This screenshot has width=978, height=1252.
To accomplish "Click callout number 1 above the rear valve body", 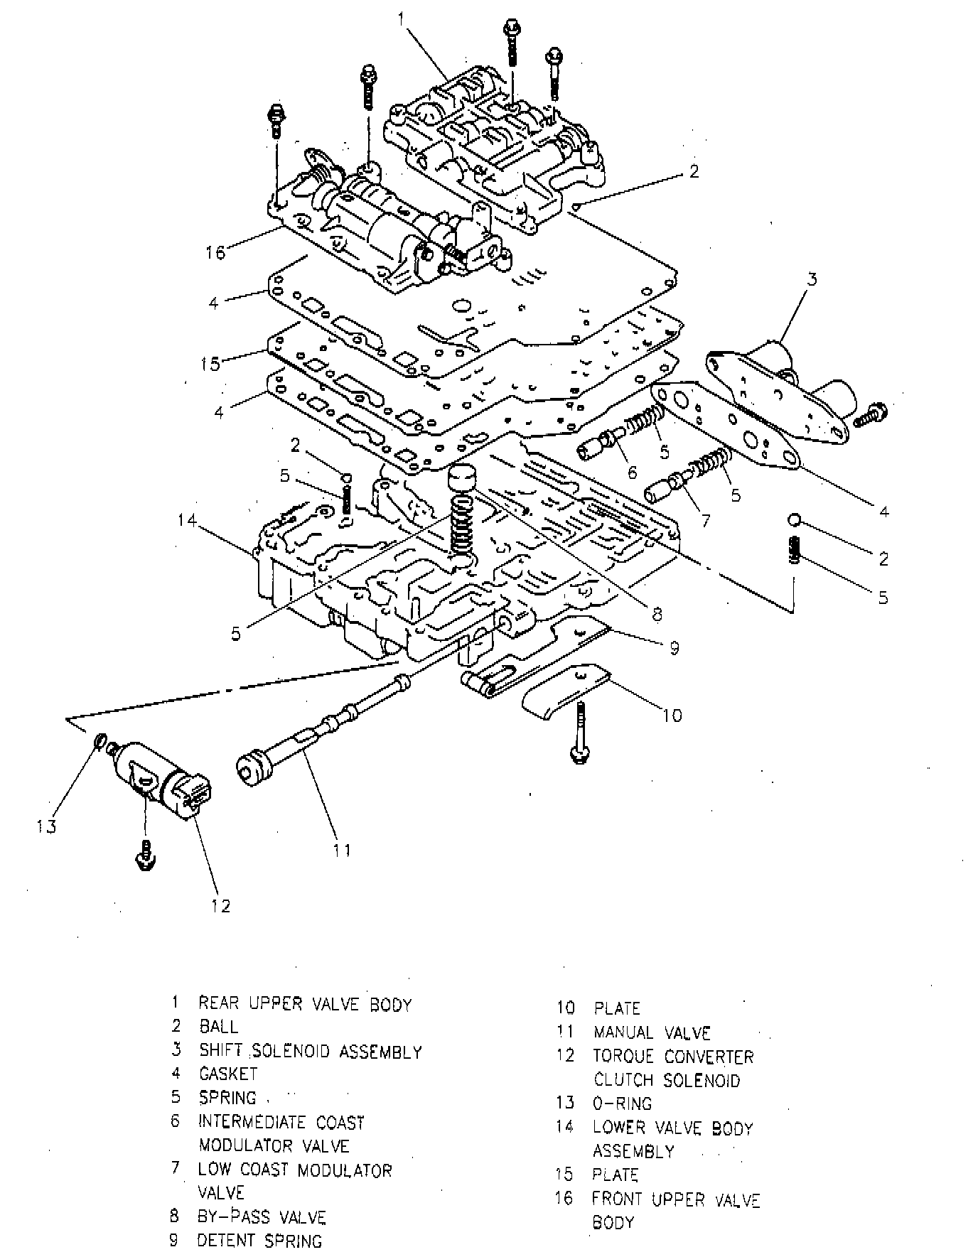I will [402, 19].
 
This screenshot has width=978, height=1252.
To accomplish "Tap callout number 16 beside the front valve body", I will [215, 252].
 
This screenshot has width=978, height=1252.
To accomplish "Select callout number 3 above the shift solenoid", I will [812, 279].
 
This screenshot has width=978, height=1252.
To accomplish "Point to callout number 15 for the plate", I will [211, 363].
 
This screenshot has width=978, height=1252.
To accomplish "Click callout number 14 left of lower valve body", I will [187, 521].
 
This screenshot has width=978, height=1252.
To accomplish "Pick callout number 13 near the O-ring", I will [47, 826].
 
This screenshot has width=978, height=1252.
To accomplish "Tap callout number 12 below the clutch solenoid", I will [221, 905].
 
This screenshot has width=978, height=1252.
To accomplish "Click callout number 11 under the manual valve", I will [342, 850].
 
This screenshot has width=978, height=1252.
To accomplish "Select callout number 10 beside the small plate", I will [672, 715].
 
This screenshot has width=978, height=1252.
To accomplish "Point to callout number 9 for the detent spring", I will [673, 647].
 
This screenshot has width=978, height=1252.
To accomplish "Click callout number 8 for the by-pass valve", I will [656, 613].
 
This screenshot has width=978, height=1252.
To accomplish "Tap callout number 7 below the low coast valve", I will [705, 521].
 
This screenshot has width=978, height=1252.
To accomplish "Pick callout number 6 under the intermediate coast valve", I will [632, 473].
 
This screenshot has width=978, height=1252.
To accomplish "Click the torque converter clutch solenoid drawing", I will [160, 779].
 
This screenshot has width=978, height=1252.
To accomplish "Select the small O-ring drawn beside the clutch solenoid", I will [99, 743].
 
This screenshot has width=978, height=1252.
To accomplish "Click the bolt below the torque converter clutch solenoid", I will [145, 856].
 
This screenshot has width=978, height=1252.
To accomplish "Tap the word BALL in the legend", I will [219, 1027].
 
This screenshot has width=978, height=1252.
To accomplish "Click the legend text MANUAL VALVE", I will [652, 1032].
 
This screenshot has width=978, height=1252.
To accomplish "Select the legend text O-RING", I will [622, 1103].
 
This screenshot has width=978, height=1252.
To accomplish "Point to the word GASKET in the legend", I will [227, 1074].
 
